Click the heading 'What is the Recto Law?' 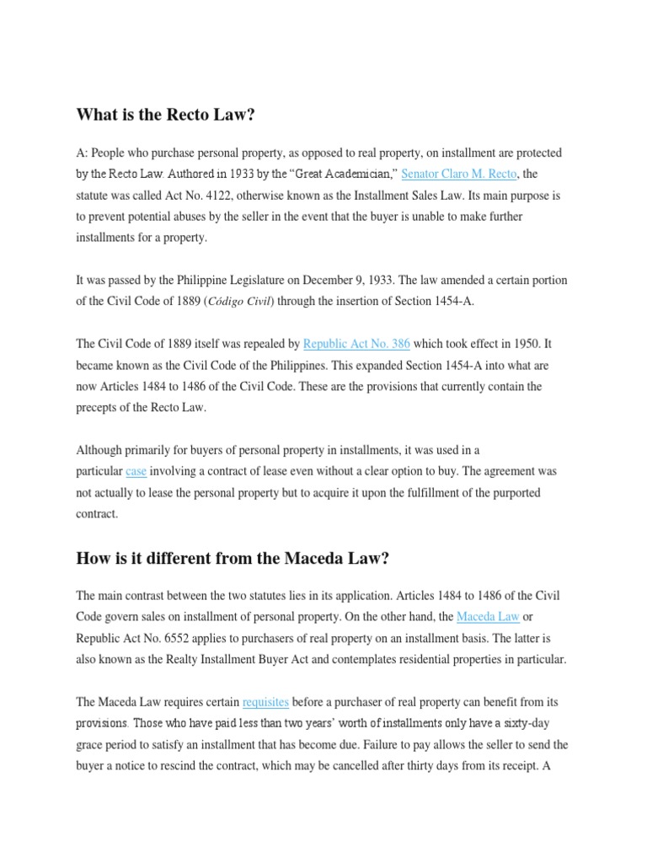coord(165,115)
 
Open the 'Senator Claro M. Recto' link coord(457,174)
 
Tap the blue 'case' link coord(136,471)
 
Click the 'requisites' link coord(265,702)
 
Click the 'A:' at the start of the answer coord(82,153)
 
